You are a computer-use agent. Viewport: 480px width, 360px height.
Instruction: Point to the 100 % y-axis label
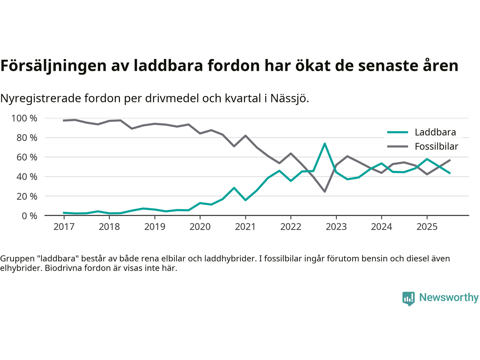tap(24, 118)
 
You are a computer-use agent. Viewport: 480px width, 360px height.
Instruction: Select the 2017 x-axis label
tap(64, 227)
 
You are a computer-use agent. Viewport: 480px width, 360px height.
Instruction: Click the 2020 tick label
tap(200, 227)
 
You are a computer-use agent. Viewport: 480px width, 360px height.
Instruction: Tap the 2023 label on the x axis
tap(336, 227)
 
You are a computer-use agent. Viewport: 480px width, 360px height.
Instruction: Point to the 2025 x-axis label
tap(427, 227)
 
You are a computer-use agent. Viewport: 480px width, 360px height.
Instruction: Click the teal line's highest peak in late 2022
tap(324, 144)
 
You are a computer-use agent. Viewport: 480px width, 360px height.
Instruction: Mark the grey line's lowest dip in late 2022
tap(324, 192)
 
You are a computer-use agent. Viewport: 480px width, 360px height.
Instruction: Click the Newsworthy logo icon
tap(408, 298)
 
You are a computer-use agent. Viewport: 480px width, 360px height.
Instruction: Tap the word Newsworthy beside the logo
tap(448, 297)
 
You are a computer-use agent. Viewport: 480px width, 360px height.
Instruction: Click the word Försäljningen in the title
tap(54, 66)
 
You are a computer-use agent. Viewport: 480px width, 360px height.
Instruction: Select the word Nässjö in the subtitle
tap(289, 99)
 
